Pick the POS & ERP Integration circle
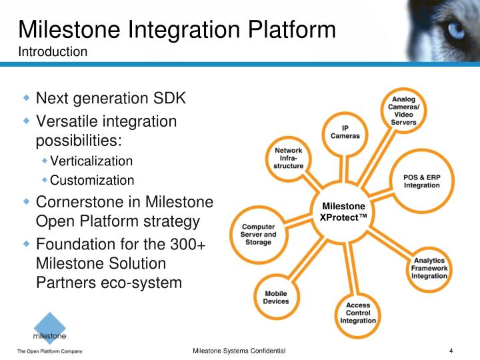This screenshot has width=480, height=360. [x=421, y=181]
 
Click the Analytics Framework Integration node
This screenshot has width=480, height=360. [x=429, y=267]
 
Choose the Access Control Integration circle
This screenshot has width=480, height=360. [x=358, y=313]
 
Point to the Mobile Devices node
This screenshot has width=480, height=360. [x=276, y=297]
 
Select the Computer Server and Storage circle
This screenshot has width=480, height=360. [x=258, y=234]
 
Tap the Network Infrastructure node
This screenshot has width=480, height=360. [x=289, y=158]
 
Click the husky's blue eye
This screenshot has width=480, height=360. [x=455, y=29]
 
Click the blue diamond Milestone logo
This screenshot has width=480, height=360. [x=50, y=329]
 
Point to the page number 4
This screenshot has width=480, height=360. [x=451, y=351]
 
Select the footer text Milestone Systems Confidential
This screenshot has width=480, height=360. [x=239, y=351]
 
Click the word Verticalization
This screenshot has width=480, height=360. [x=91, y=161]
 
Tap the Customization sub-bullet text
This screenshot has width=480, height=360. [x=92, y=180]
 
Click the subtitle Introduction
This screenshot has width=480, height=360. [x=53, y=51]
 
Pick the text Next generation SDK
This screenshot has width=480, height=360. [x=111, y=99]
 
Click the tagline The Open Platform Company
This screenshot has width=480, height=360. [x=49, y=351]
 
